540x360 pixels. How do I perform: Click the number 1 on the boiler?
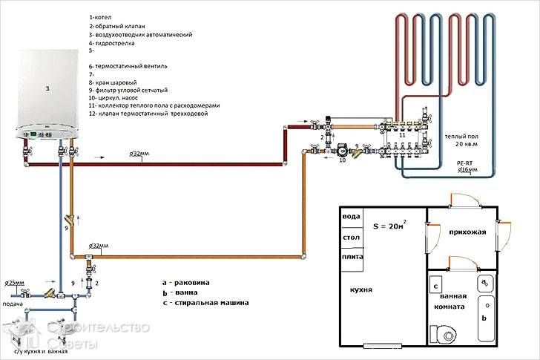coord(48,88)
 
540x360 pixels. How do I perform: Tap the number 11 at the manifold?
coord(403,137)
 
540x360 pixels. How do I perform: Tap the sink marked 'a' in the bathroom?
coord(484,283)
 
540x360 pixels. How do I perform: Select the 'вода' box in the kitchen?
coord(351,216)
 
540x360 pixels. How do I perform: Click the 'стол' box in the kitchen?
coord(351,237)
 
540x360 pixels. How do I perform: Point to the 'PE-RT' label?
coord(466,160)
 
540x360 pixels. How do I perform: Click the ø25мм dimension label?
coord(16,284)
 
